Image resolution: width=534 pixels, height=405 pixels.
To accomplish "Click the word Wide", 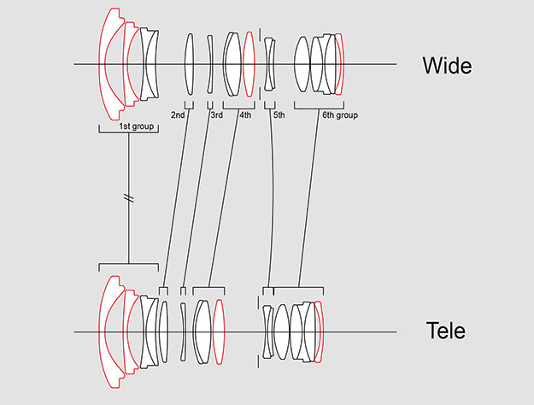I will (x=447, y=65).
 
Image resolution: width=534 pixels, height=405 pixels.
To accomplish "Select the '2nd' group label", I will (x=178, y=114).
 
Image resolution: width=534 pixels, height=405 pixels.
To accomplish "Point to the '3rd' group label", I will (x=217, y=114).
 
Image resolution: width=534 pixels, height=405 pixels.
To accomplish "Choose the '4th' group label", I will (x=245, y=114).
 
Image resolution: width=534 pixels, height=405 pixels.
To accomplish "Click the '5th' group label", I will (x=279, y=114).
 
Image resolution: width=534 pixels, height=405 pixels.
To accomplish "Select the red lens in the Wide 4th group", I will (x=249, y=64).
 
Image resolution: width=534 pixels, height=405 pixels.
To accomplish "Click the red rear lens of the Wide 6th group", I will (x=340, y=64).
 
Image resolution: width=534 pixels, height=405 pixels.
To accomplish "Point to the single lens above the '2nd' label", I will (x=190, y=64).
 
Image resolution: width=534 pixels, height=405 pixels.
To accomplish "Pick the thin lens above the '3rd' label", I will (x=210, y=64).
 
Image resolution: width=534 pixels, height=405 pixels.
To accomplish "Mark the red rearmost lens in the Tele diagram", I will (x=320, y=332).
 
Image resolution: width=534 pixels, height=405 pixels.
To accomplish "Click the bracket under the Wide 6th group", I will (x=319, y=106).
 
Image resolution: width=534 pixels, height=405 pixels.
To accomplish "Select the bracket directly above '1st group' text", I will (x=128, y=120).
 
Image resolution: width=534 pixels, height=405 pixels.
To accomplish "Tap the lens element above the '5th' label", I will (x=269, y=64).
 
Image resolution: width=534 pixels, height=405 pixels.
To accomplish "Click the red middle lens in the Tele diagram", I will (x=219, y=332).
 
